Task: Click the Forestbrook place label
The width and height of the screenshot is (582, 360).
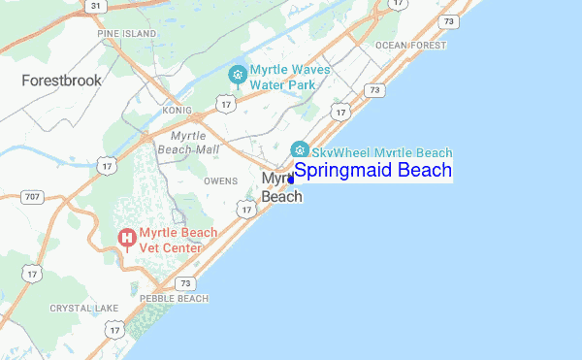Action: pos(62,81)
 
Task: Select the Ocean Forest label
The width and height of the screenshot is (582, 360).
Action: pos(411,46)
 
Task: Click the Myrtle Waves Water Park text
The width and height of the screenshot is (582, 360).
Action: pos(290,77)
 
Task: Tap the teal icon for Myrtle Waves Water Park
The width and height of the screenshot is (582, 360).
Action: pos(237,75)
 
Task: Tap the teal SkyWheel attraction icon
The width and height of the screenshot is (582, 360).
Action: pos(300,149)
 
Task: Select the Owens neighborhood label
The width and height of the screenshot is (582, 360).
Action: pos(221,180)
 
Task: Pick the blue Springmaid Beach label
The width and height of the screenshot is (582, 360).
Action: pos(372,171)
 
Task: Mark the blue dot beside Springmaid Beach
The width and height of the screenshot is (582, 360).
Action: pos(291,180)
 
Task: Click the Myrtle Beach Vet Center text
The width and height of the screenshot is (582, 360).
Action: pos(171,241)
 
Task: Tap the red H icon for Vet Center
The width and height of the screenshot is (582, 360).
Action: pos(126,238)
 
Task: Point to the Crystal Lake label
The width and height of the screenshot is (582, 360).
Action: pos(83,309)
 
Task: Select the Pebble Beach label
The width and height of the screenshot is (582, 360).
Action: pos(175,299)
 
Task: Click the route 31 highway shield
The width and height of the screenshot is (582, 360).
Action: pos(94,6)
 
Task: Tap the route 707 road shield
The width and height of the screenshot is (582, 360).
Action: pos(33,198)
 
